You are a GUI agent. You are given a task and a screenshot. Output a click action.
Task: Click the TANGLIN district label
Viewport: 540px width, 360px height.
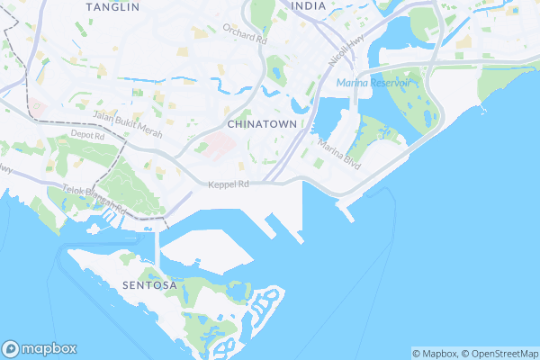(112, 6)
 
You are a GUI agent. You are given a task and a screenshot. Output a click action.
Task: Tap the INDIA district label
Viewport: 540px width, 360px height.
(310, 5)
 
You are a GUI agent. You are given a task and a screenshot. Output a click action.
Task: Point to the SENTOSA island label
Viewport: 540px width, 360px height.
(146, 284)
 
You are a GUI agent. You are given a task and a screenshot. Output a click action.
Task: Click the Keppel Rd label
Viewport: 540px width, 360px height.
(227, 184)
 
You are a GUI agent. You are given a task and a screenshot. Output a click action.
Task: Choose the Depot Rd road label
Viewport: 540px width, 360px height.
(88, 135)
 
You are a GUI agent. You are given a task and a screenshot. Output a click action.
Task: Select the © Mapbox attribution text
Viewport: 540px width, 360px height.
(435, 353)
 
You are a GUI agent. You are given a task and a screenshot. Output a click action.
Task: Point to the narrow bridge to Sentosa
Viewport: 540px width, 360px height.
(158, 248)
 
